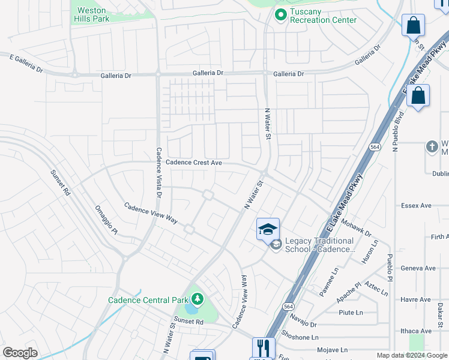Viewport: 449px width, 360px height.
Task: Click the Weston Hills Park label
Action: pos(92,14)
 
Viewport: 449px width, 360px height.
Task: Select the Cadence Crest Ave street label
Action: pos(194,163)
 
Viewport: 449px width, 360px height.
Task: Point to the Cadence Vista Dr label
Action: pos(159,172)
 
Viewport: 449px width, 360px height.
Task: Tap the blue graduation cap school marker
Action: pos(268,229)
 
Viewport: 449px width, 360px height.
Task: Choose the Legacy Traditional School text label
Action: pos(319,245)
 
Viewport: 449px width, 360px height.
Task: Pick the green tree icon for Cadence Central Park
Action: pos(197,298)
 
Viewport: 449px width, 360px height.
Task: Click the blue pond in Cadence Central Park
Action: pos(191,308)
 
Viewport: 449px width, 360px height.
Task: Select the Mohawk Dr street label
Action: pos(356,226)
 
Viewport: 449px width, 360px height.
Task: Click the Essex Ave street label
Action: pos(416,205)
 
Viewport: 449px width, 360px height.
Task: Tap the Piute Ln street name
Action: pos(351,313)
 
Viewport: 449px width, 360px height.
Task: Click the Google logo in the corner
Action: pos(20,353)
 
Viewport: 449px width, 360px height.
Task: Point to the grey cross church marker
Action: pos(432,147)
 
